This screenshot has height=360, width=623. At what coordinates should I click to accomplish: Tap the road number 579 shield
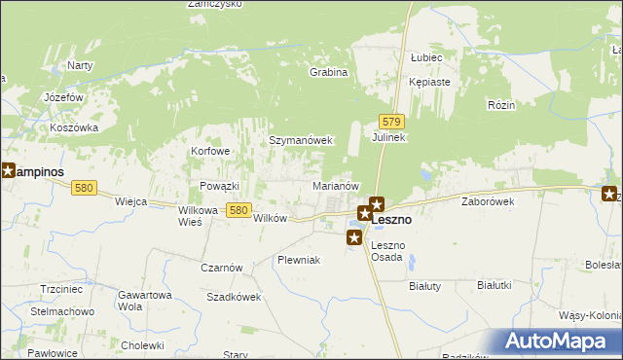[391, 121]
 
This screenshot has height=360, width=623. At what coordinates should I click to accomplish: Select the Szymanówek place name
[301, 140]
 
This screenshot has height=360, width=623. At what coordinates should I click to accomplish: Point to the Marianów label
[337, 185]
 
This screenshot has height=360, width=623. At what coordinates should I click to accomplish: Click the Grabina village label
[328, 72]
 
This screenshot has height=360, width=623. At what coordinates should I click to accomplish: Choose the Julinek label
[388, 138]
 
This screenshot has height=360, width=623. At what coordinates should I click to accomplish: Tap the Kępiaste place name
[429, 83]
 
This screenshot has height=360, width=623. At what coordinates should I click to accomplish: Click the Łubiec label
[427, 57]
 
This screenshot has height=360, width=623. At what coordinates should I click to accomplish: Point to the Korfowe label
[210, 152]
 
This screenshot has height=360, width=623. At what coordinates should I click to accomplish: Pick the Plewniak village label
[298, 260]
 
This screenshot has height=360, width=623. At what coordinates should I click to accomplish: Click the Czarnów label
[221, 268]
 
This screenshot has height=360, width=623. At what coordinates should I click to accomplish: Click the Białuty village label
[424, 286]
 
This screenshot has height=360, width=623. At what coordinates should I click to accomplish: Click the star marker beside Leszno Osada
[354, 237]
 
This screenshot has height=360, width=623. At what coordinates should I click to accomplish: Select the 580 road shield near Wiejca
[84, 188]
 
